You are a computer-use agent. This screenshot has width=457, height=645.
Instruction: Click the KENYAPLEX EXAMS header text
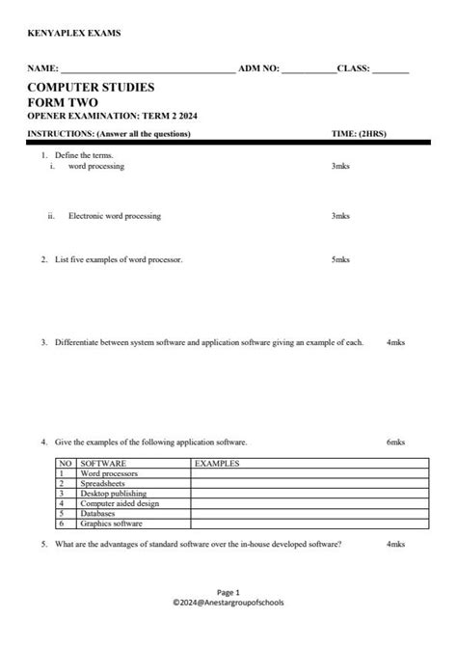[73, 34]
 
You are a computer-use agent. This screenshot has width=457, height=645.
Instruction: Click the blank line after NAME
[146, 71]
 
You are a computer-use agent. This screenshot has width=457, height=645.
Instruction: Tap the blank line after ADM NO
[308, 71]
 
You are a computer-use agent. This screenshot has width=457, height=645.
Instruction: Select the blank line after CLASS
[390, 71]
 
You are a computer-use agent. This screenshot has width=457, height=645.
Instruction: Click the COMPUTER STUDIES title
[91, 88]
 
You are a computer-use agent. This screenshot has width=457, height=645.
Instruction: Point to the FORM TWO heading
[63, 102]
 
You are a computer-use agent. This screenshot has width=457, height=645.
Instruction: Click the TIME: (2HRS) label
[358, 133]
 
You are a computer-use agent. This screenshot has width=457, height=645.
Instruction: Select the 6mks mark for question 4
[394, 442]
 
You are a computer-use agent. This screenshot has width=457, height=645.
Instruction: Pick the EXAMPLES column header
[217, 463]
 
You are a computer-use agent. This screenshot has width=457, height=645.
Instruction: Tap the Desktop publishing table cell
[112, 494]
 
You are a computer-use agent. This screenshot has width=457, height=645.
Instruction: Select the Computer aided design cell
[120, 503]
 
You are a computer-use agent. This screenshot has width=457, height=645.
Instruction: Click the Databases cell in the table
[98, 514]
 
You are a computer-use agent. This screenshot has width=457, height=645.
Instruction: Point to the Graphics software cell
[111, 524]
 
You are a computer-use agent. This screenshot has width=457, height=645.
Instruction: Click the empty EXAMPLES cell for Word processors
[309, 473]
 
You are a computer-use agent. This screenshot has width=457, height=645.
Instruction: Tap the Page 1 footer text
[228, 591]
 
